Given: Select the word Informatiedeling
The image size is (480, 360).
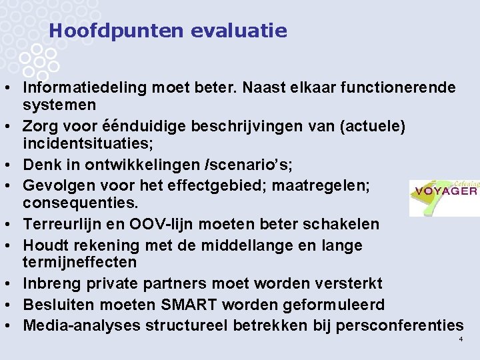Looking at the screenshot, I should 85,87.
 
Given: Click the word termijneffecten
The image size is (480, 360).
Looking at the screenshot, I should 79,263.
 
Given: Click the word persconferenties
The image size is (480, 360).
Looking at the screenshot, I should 399,325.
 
